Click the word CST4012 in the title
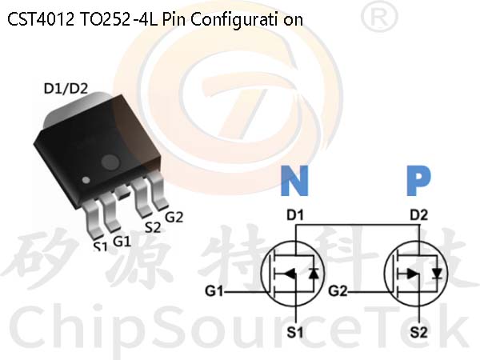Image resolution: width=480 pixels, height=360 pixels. pyautogui.click(x=41, y=19)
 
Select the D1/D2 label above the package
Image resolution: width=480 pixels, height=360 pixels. pyautogui.click(x=66, y=89)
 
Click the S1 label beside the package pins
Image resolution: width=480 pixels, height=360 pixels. pyautogui.click(x=101, y=246)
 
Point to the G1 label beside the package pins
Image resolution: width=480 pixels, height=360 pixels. pyautogui.click(x=122, y=242)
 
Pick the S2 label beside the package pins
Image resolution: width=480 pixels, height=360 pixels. pyautogui.click(x=153, y=227)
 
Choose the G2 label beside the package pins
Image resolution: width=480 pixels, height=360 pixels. pyautogui.click(x=174, y=217)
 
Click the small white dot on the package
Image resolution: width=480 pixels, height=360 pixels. pyautogui.click(x=86, y=180)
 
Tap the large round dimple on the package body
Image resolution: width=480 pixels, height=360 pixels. pyautogui.click(x=110, y=162)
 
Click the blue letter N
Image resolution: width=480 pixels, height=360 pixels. pyautogui.click(x=294, y=181)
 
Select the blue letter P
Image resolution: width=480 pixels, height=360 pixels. pyautogui.click(x=418, y=181)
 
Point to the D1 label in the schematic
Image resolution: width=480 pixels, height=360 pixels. pyautogui.click(x=295, y=215)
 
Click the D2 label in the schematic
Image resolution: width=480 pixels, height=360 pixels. pyautogui.click(x=418, y=215)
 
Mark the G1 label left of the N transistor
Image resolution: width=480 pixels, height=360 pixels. pyautogui.click(x=214, y=291)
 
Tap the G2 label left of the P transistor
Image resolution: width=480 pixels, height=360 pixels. pyautogui.click(x=338, y=291)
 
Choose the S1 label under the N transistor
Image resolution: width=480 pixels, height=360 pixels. pyautogui.click(x=295, y=332)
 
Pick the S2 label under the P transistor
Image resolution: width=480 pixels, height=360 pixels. pyautogui.click(x=418, y=332)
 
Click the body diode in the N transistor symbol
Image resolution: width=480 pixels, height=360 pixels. pyautogui.click(x=314, y=273)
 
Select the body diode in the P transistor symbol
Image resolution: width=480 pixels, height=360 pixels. pyautogui.click(x=437, y=273)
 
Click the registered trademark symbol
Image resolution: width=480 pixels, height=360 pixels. pyautogui.click(x=379, y=18)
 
